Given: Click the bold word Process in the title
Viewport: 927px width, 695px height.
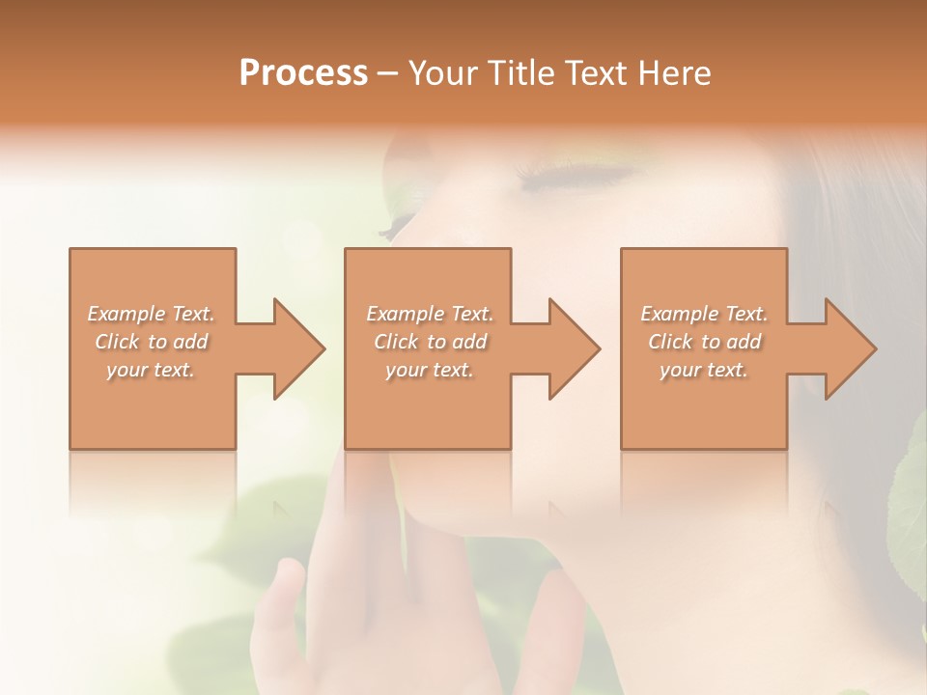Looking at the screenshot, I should pos(303,73).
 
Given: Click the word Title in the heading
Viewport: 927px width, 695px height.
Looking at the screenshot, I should pos(513,73).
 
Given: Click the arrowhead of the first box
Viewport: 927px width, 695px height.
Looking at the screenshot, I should pos(290,348).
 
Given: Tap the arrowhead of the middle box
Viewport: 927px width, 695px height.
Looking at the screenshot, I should pos(566,348).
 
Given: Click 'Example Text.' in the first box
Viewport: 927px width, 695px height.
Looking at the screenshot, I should pos(151,314).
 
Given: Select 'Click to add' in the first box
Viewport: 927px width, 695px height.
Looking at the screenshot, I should pos(151,342).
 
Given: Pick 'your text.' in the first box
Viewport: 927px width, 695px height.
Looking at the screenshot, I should pos(151,370).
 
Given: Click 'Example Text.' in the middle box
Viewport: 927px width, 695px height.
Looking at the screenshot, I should pos(430,314).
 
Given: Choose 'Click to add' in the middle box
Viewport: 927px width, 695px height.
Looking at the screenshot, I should pos(430,342).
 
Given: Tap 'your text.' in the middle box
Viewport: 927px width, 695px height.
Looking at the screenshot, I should pos(430,370).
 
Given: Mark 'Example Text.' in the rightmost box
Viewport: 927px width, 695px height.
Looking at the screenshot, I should pos(704,314).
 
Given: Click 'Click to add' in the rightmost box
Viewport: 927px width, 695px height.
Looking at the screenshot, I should pos(704,342).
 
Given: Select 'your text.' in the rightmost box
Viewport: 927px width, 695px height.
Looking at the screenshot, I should pos(704,370).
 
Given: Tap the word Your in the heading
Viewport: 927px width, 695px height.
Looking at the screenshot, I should pos(441,73).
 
